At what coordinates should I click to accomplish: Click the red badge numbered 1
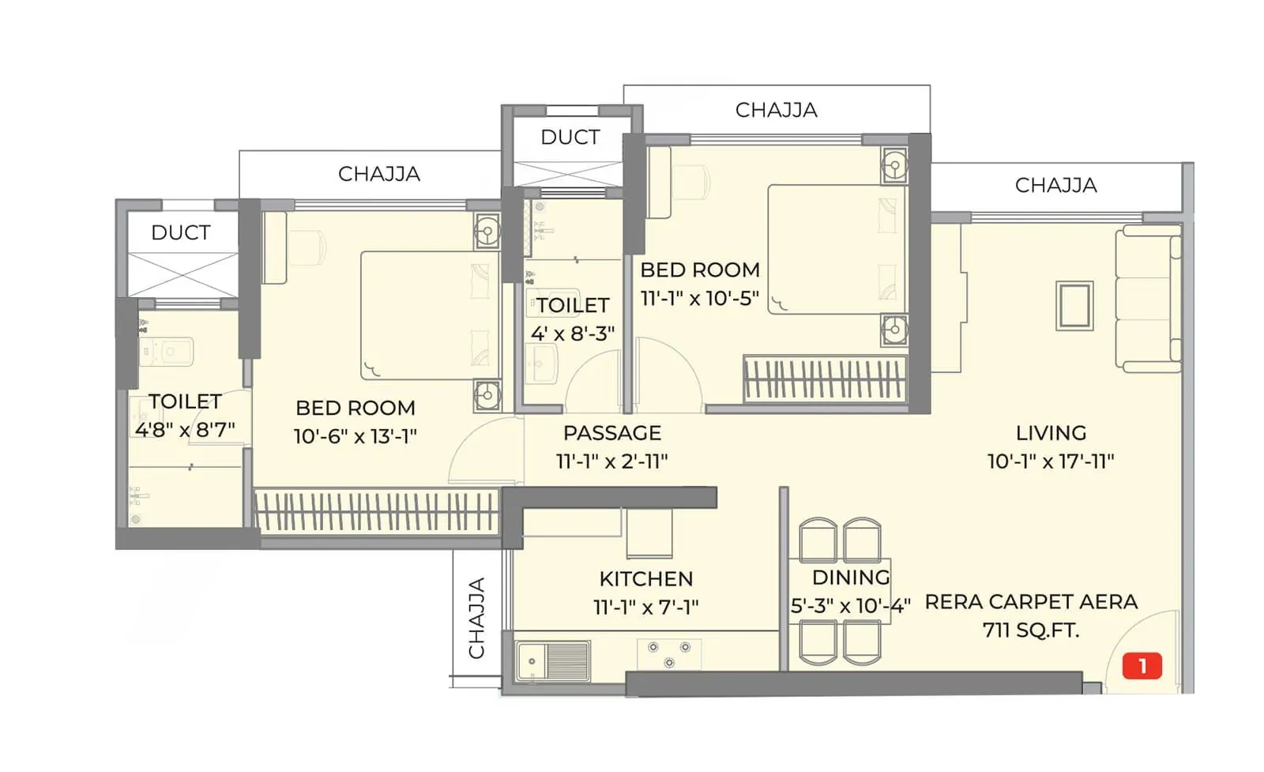[x=1142, y=666]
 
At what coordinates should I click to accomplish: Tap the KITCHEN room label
[x=645, y=578]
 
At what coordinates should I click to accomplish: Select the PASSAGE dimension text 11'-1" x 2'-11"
[x=611, y=461]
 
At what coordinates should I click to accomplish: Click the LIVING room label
[x=1051, y=433]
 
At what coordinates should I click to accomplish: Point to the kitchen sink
[x=552, y=661]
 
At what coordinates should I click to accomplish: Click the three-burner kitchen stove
[x=668, y=653]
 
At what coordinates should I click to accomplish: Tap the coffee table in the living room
[x=1074, y=305]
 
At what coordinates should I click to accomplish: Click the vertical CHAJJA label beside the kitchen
[x=476, y=618]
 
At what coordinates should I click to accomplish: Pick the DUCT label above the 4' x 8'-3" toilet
[x=570, y=137]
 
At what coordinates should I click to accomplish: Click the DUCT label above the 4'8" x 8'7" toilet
[x=181, y=233]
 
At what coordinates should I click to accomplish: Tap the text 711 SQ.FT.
[x=1030, y=630]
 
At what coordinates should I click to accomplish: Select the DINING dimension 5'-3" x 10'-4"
[x=850, y=606]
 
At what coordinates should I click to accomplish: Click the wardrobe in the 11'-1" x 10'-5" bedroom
[x=824, y=378]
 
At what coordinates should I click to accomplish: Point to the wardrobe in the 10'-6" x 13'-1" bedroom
[x=376, y=511]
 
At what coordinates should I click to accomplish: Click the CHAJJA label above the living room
[x=1055, y=186]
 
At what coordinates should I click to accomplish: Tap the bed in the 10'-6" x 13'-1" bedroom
[x=429, y=316]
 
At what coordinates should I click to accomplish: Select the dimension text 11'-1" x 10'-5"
[x=699, y=298]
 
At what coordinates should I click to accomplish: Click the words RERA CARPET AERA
[x=1030, y=602]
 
